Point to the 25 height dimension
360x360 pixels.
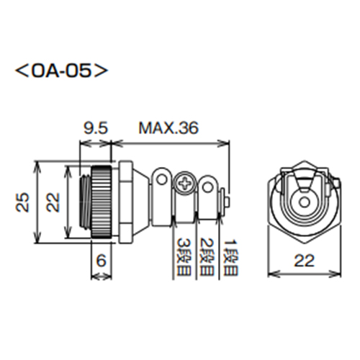pos(24,199)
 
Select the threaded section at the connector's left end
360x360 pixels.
pos(83,202)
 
